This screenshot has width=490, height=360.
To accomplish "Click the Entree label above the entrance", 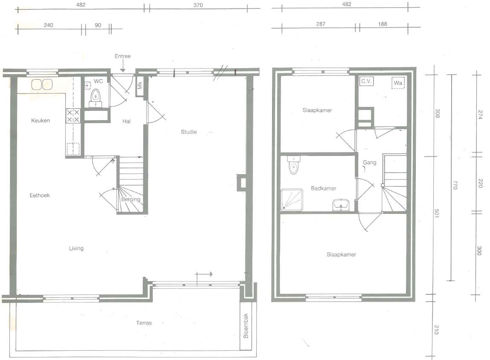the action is [x=122, y=56].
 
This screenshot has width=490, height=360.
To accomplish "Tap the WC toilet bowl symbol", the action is [x=95, y=96].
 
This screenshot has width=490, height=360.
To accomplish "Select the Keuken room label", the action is [x=41, y=121].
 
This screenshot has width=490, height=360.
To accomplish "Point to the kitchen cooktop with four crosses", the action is [x=73, y=116].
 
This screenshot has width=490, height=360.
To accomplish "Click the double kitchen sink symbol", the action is [x=42, y=84].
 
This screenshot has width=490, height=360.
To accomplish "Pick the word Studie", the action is [x=189, y=132].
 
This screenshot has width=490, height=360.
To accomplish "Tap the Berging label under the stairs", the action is [x=130, y=199].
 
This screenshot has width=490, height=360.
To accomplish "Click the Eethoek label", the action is [x=40, y=195].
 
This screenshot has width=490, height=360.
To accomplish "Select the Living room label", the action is [x=76, y=248].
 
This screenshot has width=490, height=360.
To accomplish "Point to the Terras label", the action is [x=144, y=323].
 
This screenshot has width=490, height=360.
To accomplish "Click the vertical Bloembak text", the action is [x=246, y=325].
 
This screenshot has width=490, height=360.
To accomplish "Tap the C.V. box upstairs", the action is [x=366, y=81].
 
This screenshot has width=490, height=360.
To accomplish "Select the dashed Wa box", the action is [x=398, y=83].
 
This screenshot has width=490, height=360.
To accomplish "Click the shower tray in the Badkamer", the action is [x=292, y=199].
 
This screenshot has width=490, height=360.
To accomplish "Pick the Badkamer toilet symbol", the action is [x=293, y=165].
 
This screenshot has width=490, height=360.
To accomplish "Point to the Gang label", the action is [x=369, y=162].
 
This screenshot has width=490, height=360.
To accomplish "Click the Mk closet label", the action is [x=140, y=85].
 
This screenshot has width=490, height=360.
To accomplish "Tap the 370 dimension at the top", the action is [x=198, y=5].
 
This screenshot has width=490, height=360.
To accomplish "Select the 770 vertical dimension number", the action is [x=455, y=185].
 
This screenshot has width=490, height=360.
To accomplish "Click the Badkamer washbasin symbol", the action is [x=341, y=205].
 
